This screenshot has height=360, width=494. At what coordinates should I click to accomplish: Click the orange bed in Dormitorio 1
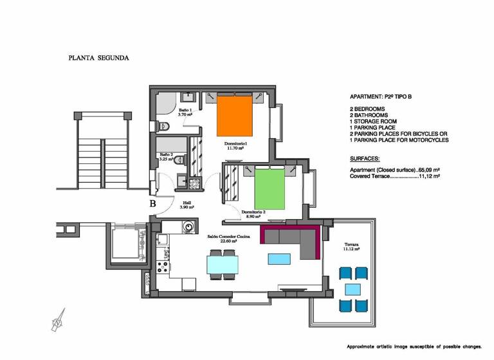[233, 116]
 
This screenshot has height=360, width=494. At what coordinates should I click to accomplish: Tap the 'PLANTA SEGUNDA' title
[99, 57]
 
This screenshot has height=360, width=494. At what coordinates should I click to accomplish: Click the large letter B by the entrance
[153, 204]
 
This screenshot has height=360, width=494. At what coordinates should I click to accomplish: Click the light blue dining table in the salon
[222, 265]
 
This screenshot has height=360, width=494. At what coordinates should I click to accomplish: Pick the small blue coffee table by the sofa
[279, 258]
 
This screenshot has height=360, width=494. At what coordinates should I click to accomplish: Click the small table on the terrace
[352, 289]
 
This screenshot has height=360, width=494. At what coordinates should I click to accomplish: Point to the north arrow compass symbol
[59, 318]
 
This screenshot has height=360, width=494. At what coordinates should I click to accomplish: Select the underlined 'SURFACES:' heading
[364, 158]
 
